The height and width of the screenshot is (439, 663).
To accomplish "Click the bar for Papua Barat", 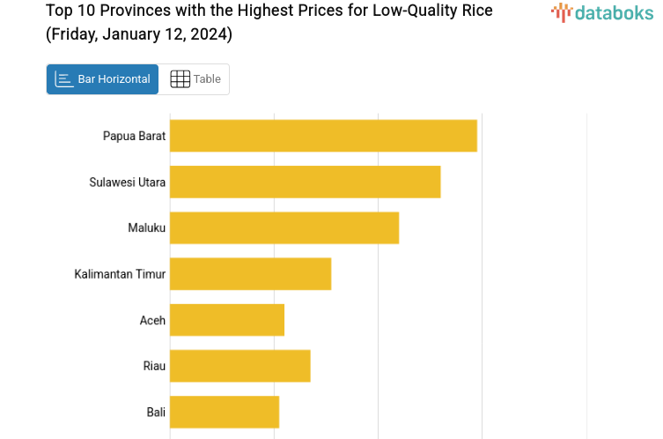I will [x=323, y=136].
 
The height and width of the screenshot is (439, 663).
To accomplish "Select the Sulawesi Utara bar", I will [x=305, y=182].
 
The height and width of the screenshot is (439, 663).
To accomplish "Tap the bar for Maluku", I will [x=284, y=227].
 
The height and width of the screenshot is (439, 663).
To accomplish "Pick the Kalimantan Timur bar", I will [x=250, y=273].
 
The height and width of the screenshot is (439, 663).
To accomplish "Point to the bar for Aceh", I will [x=227, y=319].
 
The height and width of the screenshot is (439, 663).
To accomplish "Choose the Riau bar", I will [x=239, y=365].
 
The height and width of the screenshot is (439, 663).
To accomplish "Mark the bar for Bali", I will [x=225, y=412].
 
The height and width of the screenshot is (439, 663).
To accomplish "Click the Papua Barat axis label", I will [x=134, y=136].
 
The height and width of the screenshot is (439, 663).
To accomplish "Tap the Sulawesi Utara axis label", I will [x=127, y=182].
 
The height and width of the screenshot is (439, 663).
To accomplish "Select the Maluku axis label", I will [x=146, y=227].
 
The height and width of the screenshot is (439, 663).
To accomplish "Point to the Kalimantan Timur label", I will [x=120, y=273].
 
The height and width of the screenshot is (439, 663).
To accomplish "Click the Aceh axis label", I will [x=152, y=320].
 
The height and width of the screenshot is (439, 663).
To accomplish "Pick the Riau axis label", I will [x=154, y=366].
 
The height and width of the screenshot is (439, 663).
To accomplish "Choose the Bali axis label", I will [x=156, y=412].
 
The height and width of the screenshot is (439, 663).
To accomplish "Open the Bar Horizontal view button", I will [x=103, y=79].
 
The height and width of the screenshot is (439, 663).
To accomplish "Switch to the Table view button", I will [x=195, y=79].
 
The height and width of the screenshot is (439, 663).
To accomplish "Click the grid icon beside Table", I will [x=180, y=79].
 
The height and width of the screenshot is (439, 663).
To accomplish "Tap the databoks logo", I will [x=602, y=12].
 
